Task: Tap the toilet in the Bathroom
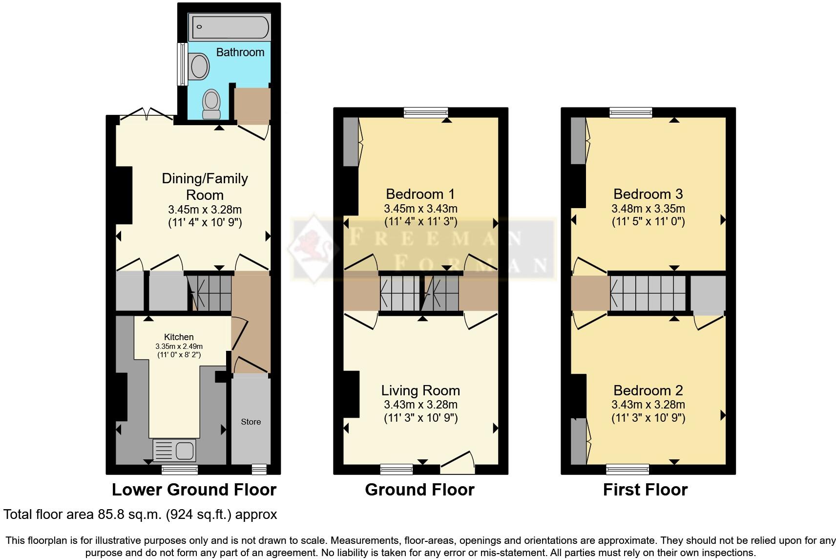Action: point(211,104)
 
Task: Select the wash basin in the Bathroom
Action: point(199,67)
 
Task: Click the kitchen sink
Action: point(174,450)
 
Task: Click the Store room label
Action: point(251,422)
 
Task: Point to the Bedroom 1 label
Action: point(420,194)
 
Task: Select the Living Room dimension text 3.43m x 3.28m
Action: point(420,405)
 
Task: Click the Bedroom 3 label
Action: point(648,194)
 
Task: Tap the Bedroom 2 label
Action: point(648,390)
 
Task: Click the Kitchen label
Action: point(179,337)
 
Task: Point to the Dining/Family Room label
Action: point(205,187)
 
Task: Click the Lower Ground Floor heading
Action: point(194,490)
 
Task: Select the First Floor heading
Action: point(645,490)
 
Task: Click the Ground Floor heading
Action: point(419,490)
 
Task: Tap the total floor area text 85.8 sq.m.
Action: point(140,515)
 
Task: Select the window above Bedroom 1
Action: point(426,113)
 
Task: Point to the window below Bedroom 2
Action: point(627,470)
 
